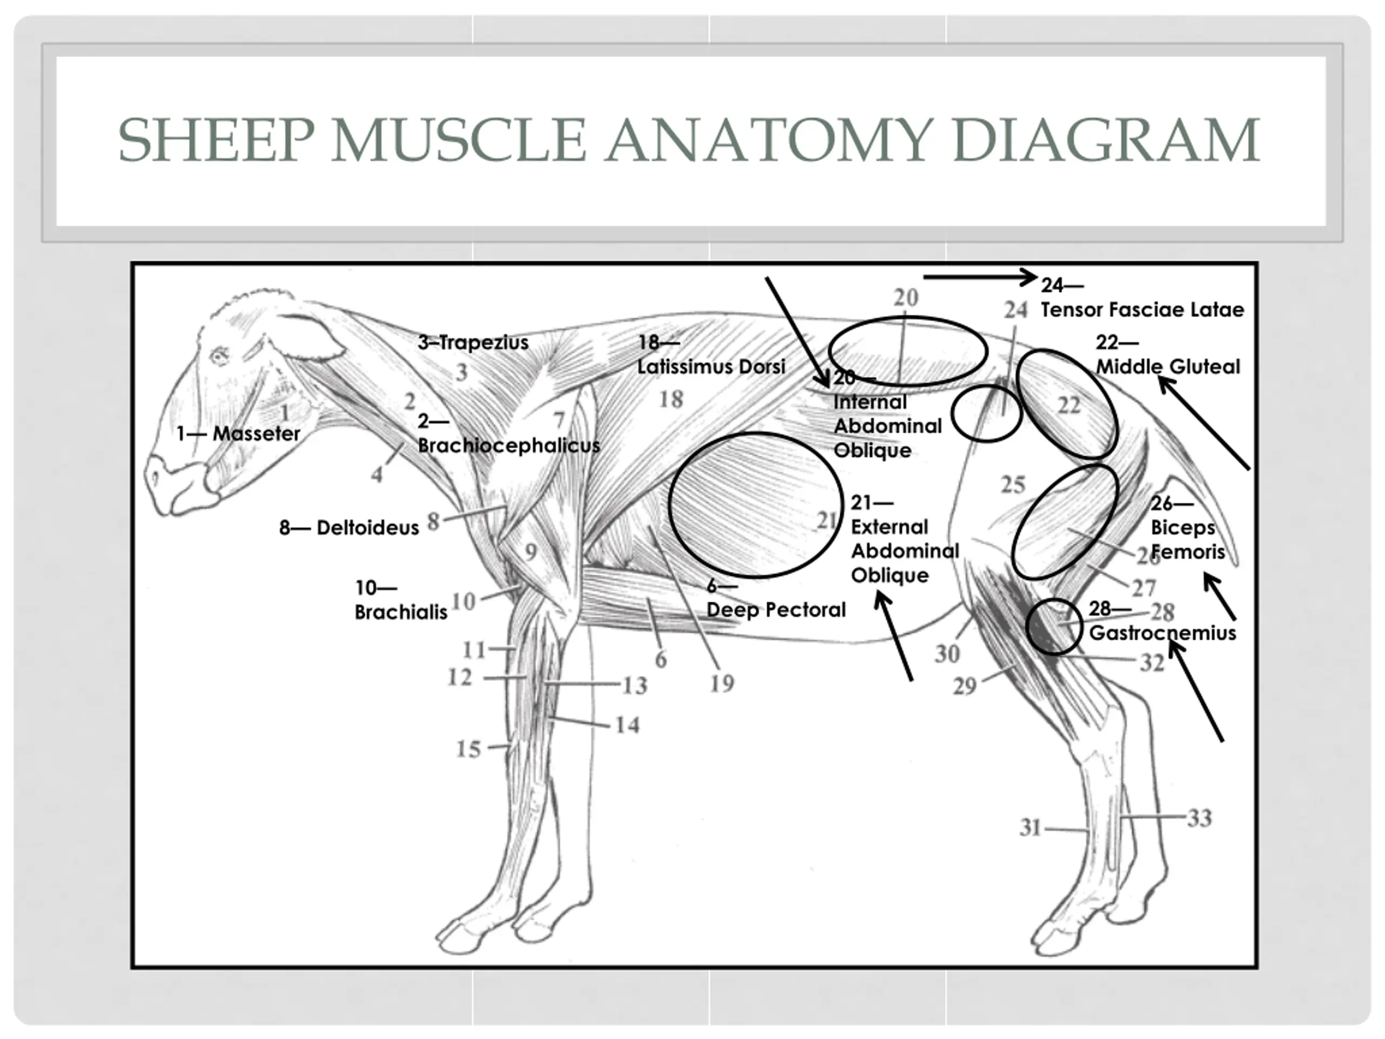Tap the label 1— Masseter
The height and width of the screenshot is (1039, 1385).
tap(239, 433)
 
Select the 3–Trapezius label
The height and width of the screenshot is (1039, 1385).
tap(473, 343)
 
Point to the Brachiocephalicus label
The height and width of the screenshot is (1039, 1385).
tap(509, 445)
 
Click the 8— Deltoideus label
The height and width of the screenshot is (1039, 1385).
tap(349, 528)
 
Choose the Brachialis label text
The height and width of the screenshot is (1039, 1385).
tap(401, 612)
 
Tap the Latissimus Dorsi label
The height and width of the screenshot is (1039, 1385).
tap(711, 366)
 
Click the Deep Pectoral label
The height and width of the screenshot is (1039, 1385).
tap(776, 609)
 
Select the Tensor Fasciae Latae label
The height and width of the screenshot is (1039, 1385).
tap(1142, 310)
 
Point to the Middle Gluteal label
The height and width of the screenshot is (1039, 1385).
tap(1168, 366)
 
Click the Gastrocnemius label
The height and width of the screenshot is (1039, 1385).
tap(1163, 633)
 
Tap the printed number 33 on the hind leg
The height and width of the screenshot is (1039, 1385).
tap(1199, 818)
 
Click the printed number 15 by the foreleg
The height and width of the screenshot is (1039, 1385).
tap(469, 749)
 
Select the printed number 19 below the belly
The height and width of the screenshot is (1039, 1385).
tap(721, 683)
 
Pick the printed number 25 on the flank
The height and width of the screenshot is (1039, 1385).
tap(1012, 485)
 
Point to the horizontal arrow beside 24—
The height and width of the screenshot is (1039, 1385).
tap(980, 277)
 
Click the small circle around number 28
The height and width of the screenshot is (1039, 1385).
tap(1054, 627)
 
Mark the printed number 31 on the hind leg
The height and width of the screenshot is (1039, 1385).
tap(1030, 828)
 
